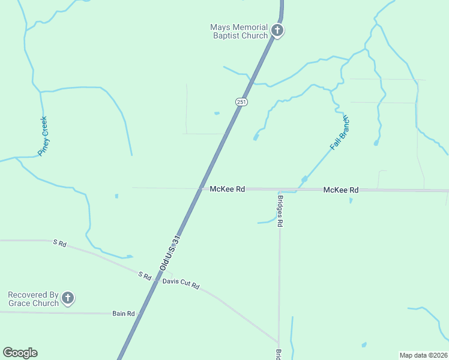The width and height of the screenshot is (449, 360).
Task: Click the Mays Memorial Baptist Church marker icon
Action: (277, 31)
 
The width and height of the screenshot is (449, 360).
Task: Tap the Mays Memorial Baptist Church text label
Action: (238, 31)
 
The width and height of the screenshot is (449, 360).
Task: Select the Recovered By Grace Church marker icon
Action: (68, 298)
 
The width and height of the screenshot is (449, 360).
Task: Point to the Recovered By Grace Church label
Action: (33, 299)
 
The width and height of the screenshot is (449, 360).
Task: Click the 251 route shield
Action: (241, 102)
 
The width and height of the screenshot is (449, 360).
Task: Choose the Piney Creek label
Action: (43, 136)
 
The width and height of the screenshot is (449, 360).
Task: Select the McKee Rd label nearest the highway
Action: (228, 189)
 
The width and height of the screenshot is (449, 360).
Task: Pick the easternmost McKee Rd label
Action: (340, 190)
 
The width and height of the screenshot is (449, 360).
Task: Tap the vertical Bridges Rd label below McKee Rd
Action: (280, 209)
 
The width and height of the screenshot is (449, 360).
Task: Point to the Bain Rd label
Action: (123, 314)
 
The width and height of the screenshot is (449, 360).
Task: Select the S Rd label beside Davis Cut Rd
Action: (144, 275)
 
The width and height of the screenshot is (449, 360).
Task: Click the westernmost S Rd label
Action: (59, 243)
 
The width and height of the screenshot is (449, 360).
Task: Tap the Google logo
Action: (20, 353)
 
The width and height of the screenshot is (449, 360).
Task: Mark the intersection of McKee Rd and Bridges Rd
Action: (279, 190)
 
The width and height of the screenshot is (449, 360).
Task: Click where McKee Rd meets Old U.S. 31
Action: (201, 188)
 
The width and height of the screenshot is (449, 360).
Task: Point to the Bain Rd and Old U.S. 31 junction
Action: (139, 314)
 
